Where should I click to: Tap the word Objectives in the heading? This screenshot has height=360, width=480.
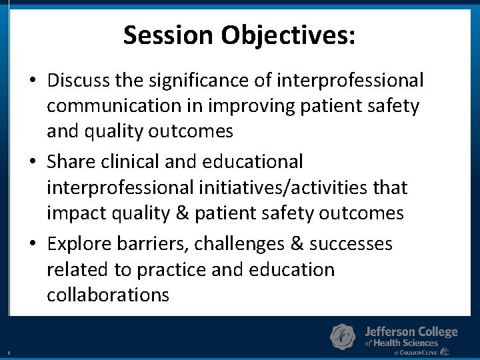289,35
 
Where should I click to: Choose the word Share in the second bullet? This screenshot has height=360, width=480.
71,161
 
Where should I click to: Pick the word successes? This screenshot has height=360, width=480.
351,244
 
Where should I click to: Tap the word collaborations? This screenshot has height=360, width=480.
108,295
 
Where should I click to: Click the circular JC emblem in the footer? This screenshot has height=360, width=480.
343,337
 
